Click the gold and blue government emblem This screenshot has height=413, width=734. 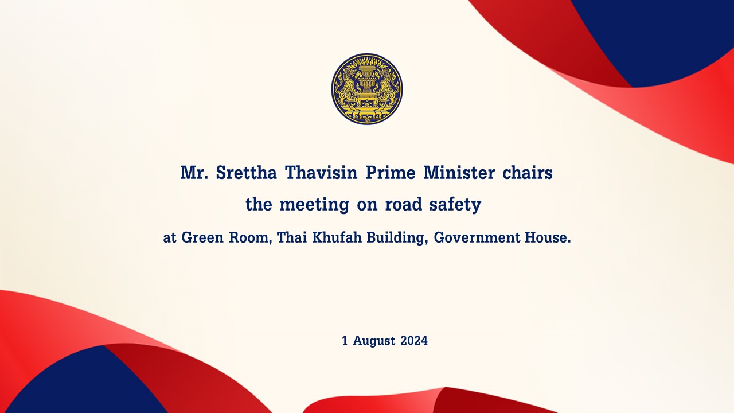point(366,89)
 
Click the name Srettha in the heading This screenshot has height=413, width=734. point(246,173)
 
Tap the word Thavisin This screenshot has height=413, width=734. point(321,173)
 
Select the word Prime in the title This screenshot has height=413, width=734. point(391,173)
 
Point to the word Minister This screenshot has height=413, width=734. point(459,173)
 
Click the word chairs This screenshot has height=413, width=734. point(528,173)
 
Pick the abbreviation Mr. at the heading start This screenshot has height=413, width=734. point(194,173)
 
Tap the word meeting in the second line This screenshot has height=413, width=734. point(314,205)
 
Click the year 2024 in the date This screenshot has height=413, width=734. point(414,341)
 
